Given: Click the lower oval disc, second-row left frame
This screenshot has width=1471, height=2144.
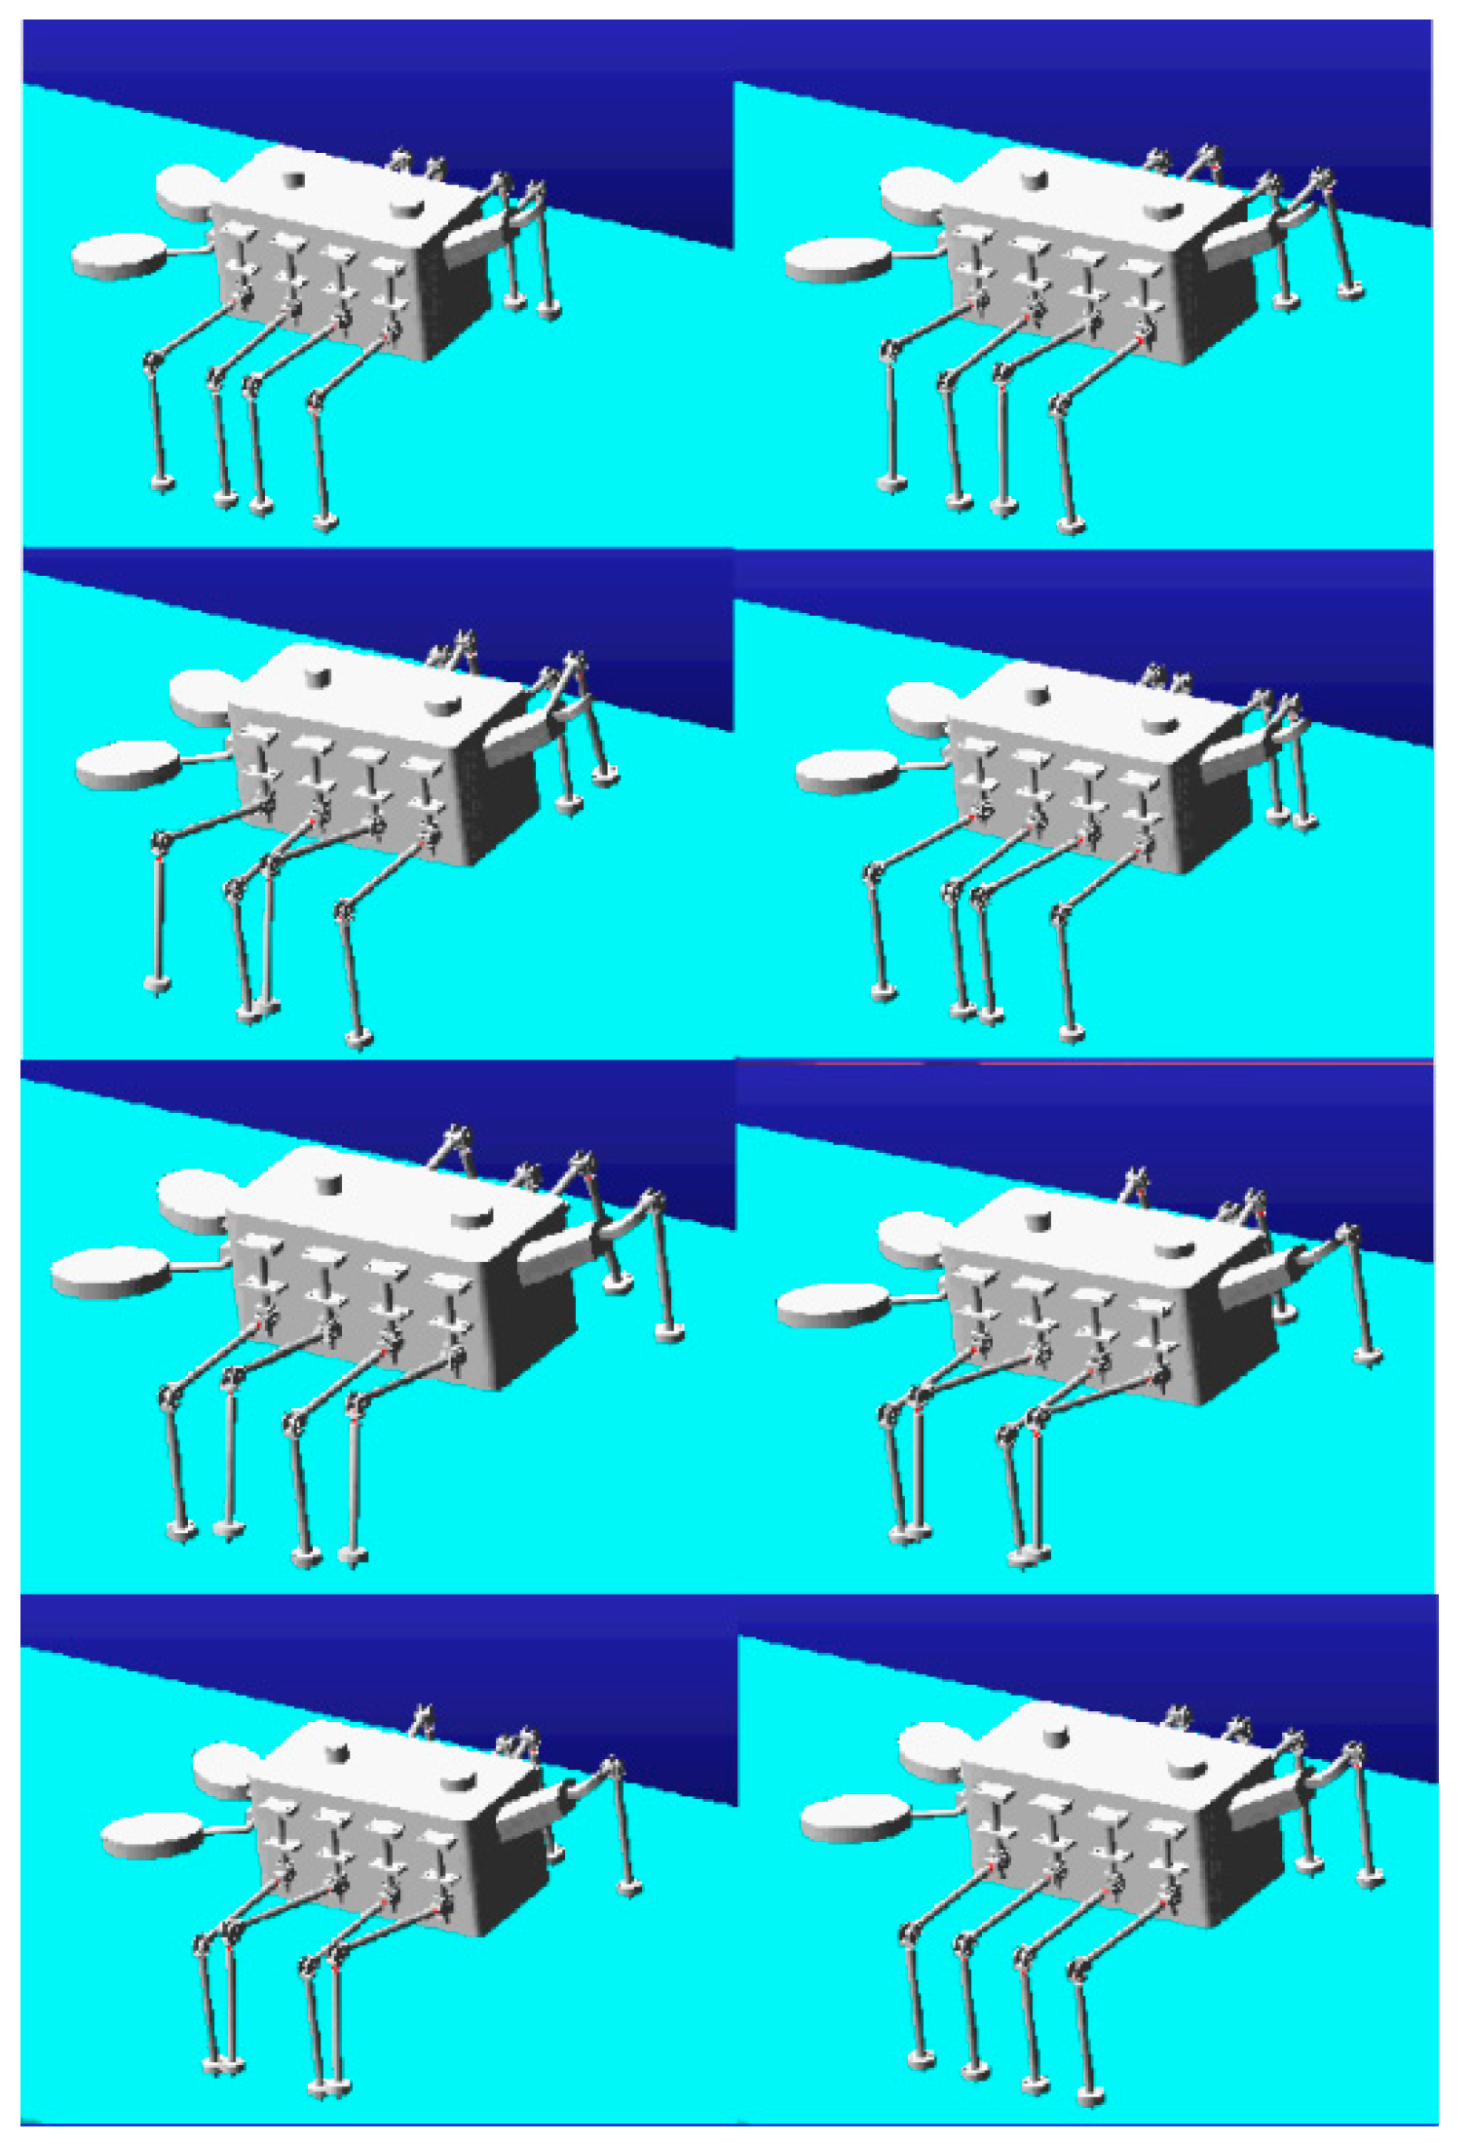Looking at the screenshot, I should [128, 765].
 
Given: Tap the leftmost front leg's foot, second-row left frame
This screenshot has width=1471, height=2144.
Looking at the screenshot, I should [157, 984].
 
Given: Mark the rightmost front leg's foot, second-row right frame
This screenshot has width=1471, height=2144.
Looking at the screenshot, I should [1072, 1033].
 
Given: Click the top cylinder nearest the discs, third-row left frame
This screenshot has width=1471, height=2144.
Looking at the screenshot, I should [330, 1182].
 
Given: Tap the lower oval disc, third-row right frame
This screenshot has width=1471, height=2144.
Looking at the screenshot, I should [833, 1306].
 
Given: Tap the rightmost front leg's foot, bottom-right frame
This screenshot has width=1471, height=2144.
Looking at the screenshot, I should [1092, 2093].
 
